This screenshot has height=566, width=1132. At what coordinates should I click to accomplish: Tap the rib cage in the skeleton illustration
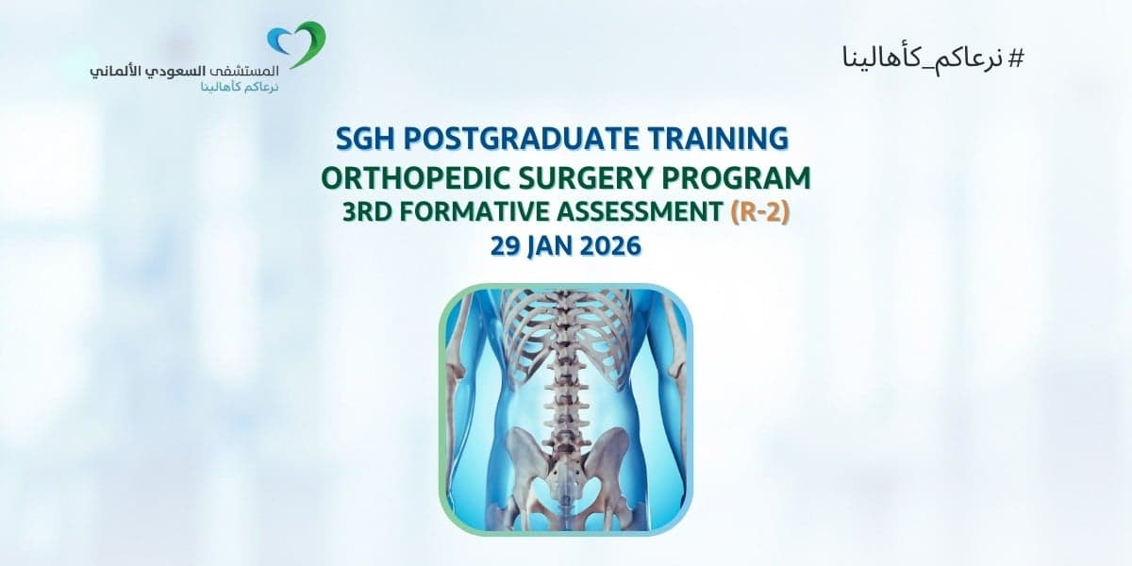566,330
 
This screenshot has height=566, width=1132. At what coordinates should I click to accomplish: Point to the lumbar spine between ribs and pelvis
567,396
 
